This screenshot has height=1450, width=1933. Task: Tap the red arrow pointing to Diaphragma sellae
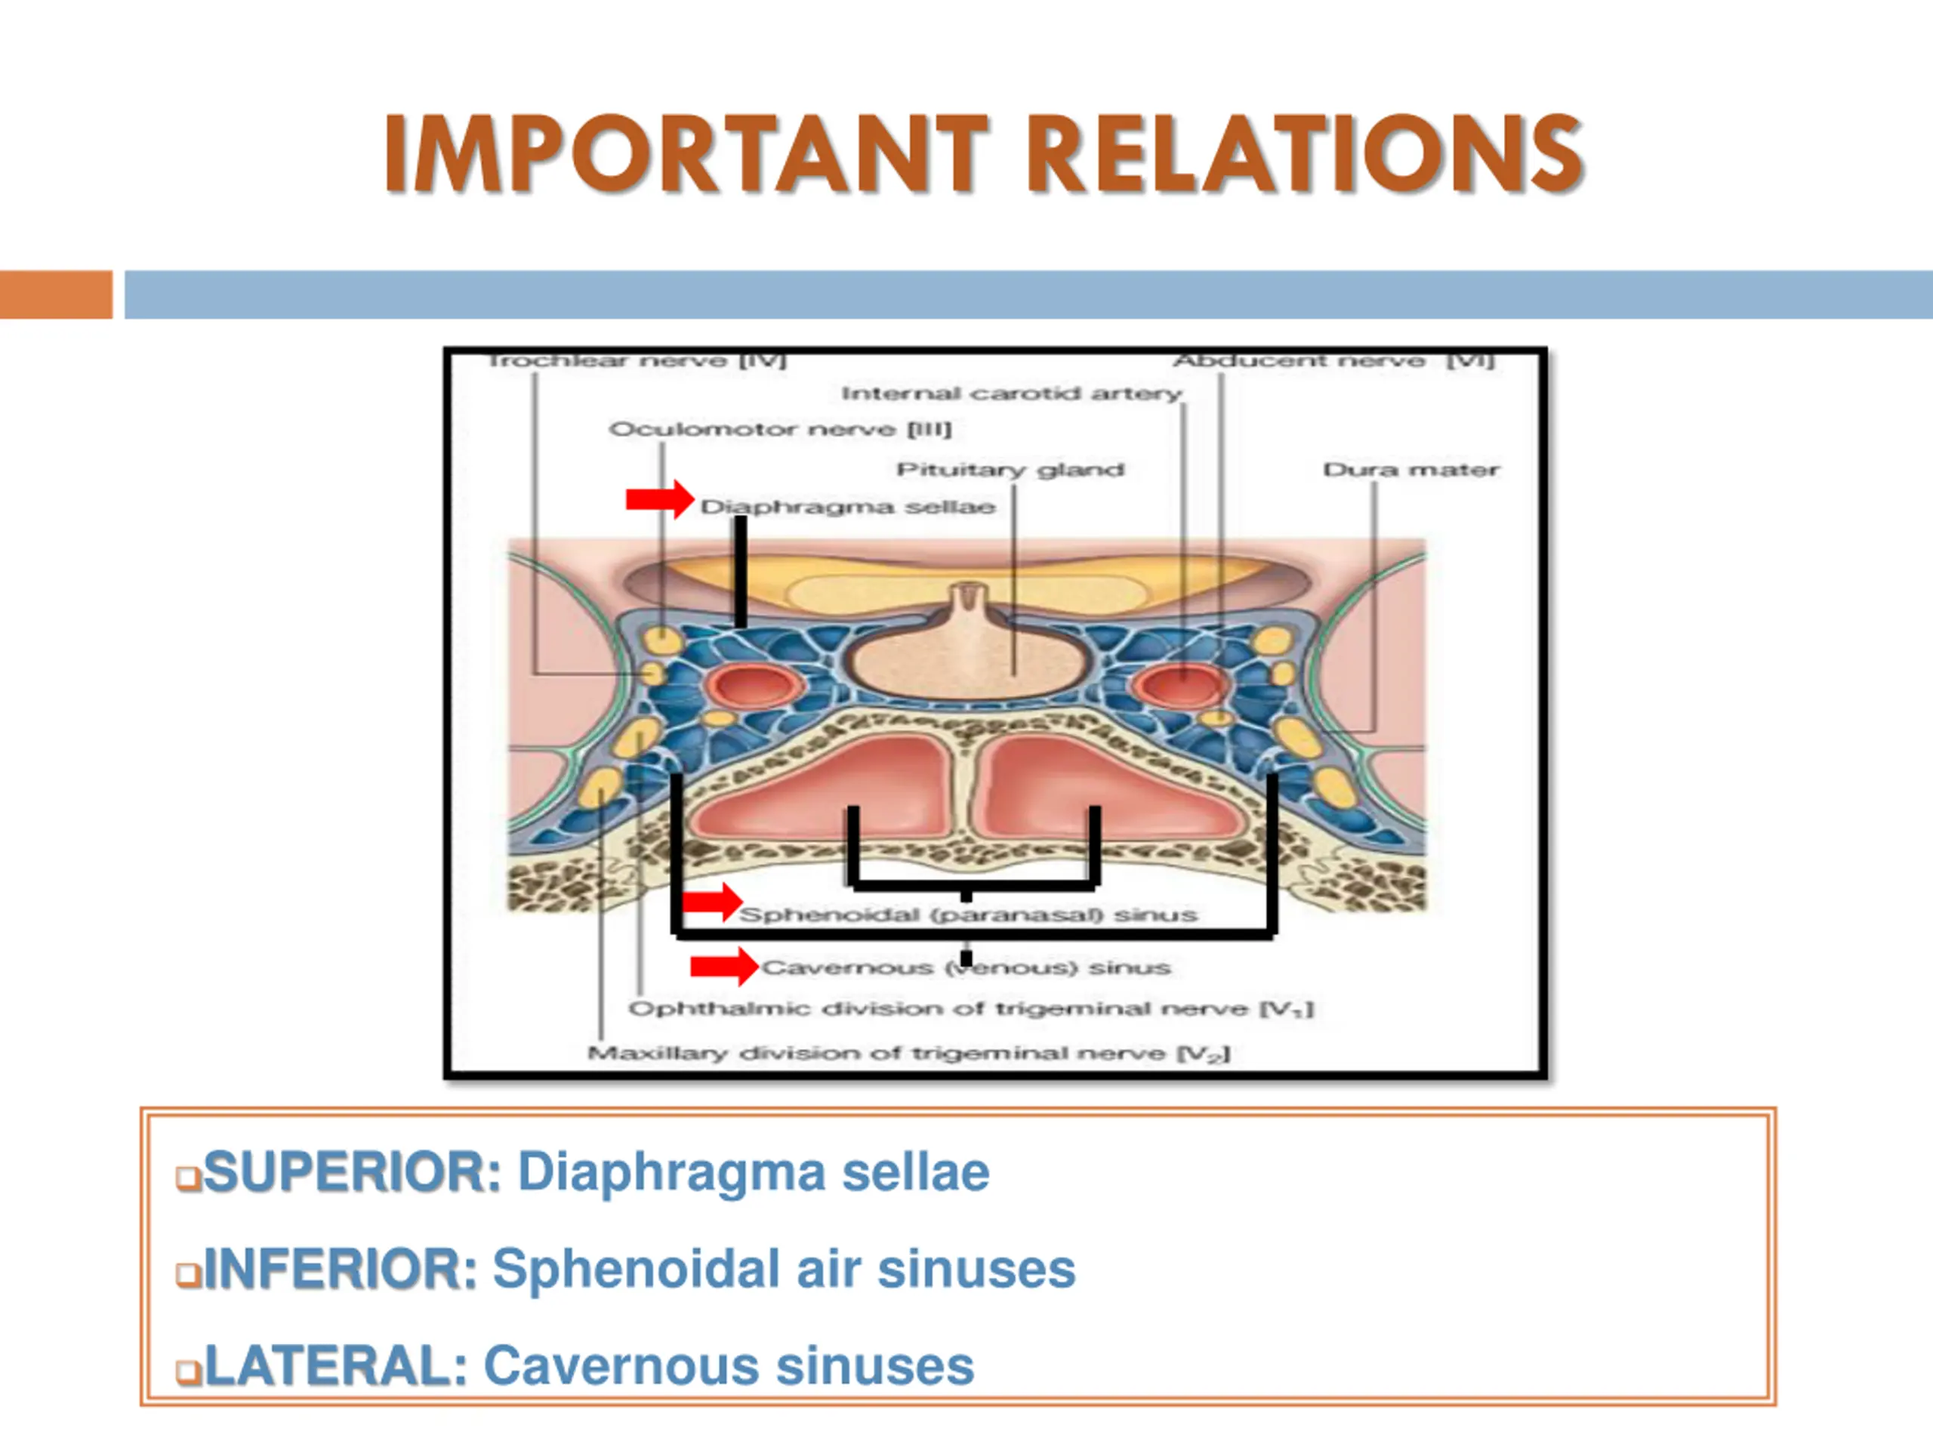660,500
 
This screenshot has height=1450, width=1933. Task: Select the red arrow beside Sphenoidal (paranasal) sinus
712,903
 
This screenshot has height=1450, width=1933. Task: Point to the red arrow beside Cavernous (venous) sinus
724,966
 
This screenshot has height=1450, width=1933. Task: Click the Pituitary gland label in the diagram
1010,470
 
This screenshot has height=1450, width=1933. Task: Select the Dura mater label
1410,470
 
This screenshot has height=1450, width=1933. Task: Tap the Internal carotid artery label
1012,394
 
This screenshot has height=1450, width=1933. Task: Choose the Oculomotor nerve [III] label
780,429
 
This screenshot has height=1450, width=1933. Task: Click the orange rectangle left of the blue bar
56,295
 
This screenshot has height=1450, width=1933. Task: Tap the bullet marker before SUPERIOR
188,1177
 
